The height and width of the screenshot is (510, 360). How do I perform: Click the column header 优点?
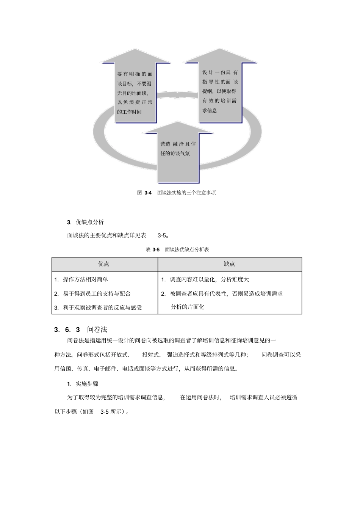(x=103, y=264)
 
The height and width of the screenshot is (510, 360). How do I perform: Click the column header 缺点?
(x=229, y=264)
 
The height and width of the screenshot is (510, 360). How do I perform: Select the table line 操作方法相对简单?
(x=85, y=279)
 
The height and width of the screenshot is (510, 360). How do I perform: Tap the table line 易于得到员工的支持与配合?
(x=97, y=293)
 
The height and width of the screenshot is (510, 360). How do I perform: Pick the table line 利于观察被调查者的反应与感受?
(x=102, y=308)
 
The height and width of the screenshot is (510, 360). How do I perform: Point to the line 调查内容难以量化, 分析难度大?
(x=209, y=279)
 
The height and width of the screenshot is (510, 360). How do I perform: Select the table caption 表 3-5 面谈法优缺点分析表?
(x=177, y=250)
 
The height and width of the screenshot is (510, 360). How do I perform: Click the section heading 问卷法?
(x=97, y=330)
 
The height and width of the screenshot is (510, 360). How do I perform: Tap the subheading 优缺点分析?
(x=90, y=222)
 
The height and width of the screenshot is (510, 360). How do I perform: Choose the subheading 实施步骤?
(x=87, y=384)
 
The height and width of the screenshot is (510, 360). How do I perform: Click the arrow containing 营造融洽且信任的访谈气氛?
(x=178, y=155)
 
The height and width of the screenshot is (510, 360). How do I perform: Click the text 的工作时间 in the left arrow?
(x=129, y=112)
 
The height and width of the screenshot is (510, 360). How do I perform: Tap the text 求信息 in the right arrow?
(x=210, y=110)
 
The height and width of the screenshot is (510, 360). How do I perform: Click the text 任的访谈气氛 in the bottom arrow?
(x=175, y=154)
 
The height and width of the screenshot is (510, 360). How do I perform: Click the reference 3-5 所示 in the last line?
(x=113, y=411)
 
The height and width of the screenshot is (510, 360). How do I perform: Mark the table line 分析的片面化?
(x=187, y=307)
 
